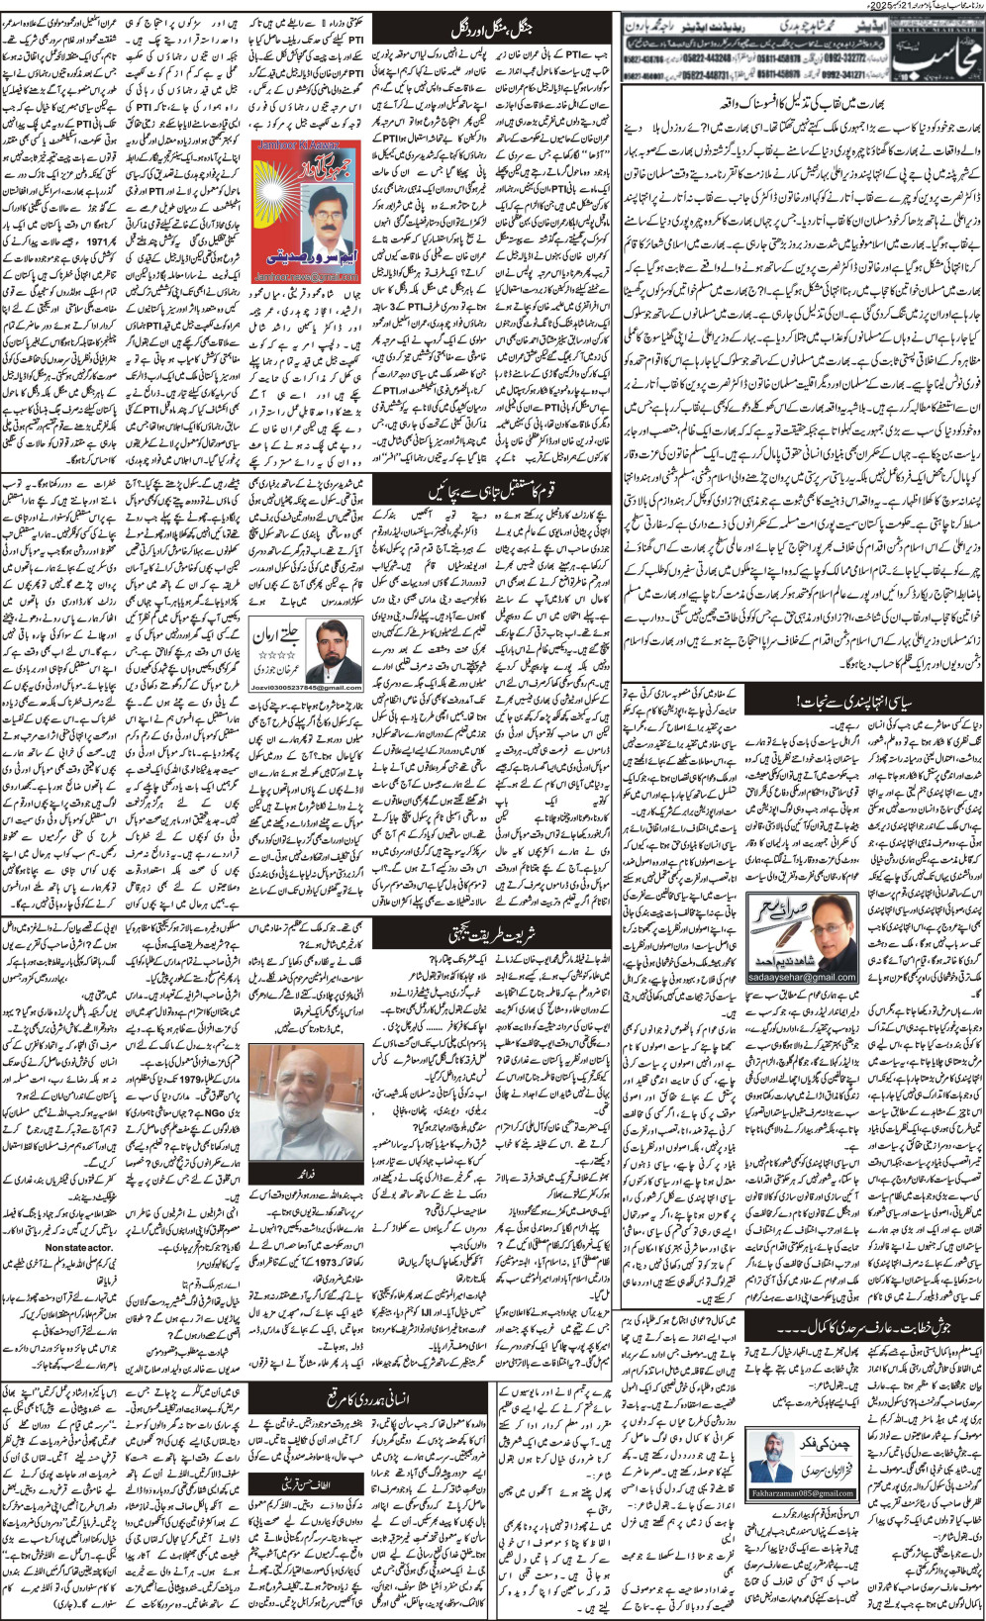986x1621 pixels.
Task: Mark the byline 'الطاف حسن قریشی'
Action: point(282,1454)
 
